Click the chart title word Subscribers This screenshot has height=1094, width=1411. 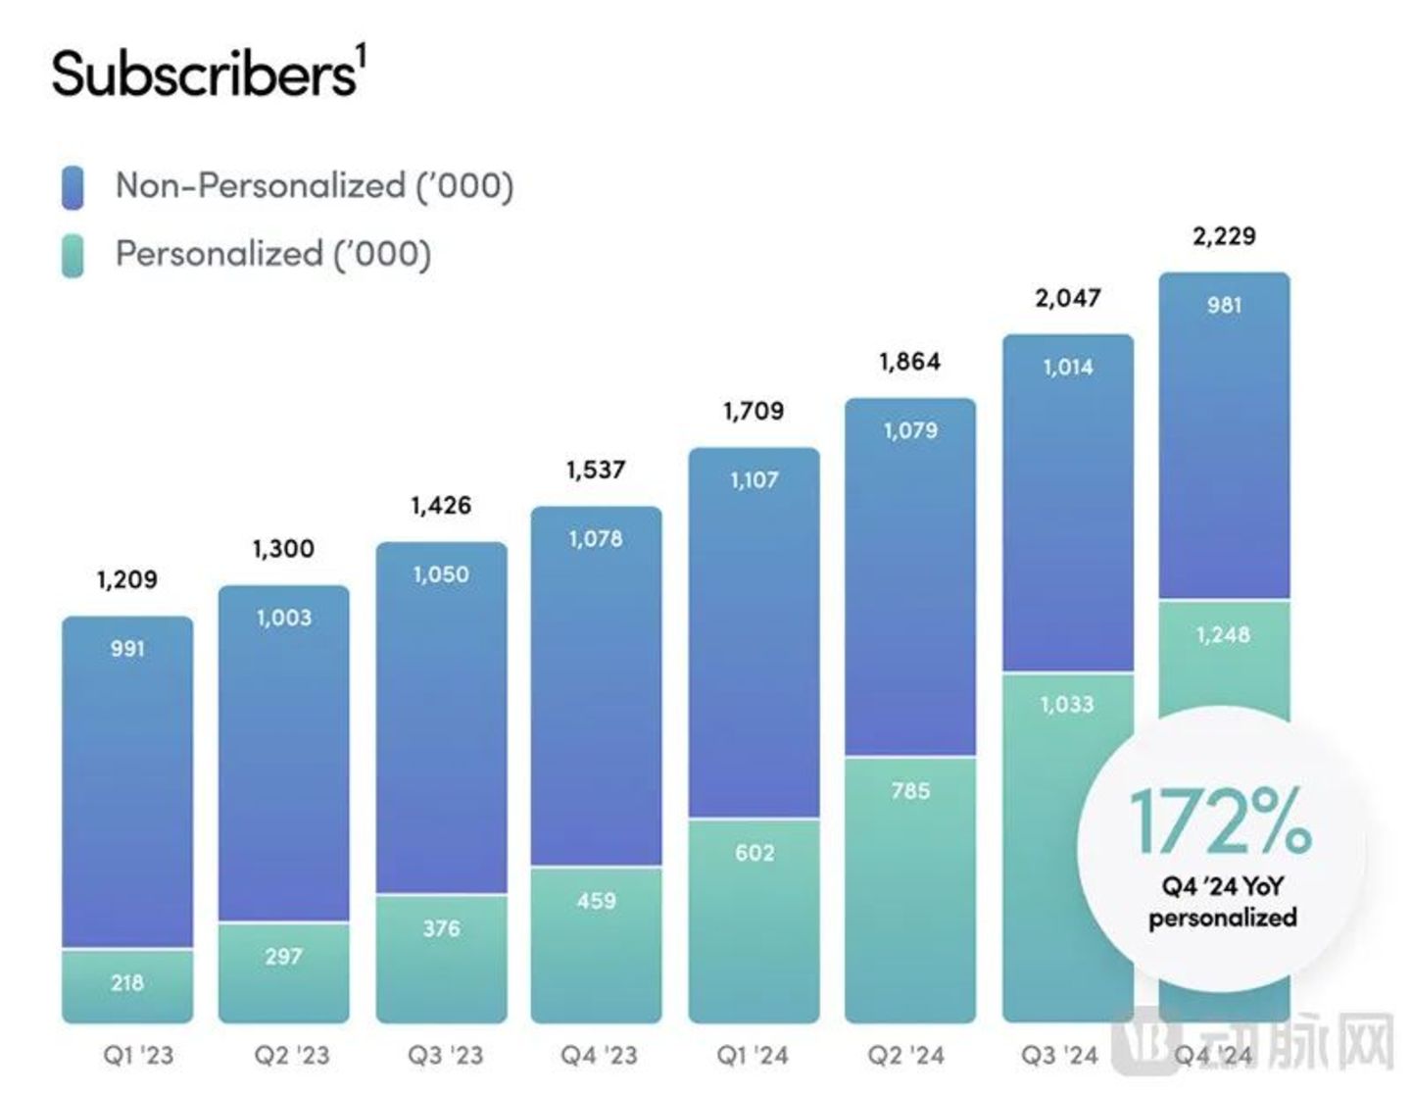pos(204,75)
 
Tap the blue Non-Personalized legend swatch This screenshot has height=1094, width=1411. pos(73,186)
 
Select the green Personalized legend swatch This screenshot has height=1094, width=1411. pos(73,255)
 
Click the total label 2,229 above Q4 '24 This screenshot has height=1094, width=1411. pos(1224,236)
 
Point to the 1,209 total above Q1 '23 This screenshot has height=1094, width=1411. pos(127,579)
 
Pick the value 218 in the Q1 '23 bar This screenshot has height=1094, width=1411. pos(127,982)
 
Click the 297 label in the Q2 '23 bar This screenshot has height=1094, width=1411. pos(284,956)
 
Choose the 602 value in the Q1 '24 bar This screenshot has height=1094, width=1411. pos(754,853)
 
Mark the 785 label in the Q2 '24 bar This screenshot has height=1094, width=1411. pos(910,790)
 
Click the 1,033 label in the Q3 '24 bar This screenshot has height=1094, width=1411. pos(1067,704)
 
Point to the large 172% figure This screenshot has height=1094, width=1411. pos(1220,821)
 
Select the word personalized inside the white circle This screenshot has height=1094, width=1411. pos(1223,919)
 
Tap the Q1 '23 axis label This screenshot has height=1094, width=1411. pos(138,1056)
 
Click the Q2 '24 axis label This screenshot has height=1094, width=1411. pos(906,1056)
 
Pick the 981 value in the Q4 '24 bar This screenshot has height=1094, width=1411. pos(1224,305)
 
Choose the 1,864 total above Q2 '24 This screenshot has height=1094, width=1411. pos(910,362)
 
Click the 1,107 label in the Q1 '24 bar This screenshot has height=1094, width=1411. pos(754,480)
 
